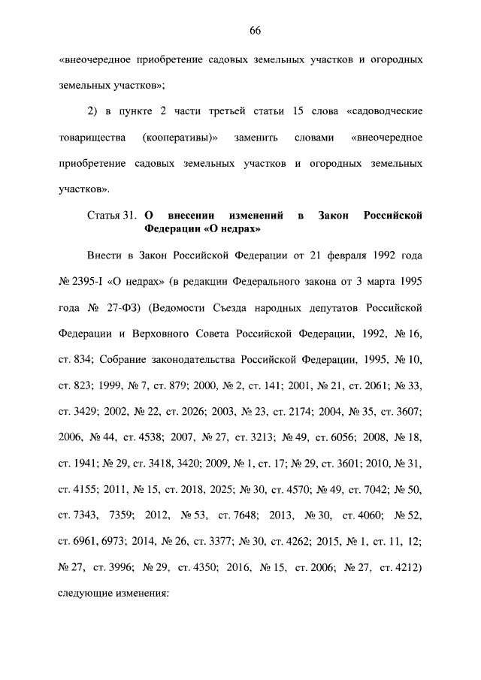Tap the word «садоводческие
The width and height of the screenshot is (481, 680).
(385, 111)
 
